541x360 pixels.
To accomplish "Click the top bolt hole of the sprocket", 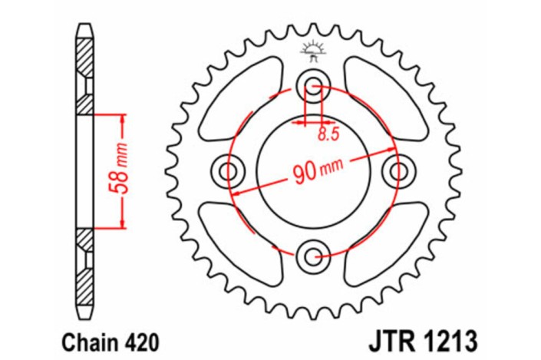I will [x=313, y=84].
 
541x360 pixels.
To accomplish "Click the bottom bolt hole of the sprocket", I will [x=313, y=255].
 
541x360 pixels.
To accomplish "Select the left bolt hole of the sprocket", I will [x=228, y=170].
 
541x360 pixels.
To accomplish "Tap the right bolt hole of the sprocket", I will [x=398, y=170].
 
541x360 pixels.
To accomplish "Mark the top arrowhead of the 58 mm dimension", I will [x=121, y=117].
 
